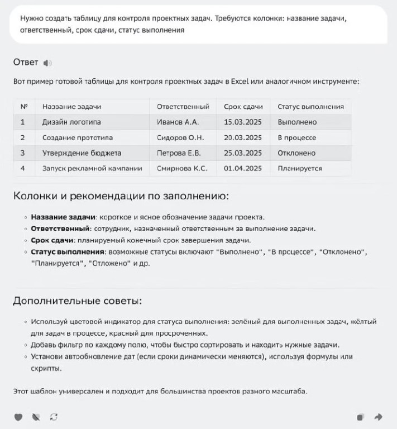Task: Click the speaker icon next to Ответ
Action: [47, 63]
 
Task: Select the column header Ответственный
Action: [183, 106]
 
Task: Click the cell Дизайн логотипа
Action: [71, 122]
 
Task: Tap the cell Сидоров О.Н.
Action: [180, 137]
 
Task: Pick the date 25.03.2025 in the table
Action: [242, 153]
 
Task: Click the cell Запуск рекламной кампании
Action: [92, 168]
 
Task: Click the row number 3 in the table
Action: [23, 153]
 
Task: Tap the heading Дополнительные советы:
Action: [77, 302]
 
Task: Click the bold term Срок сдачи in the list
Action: [52, 241]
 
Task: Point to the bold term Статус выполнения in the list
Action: [68, 252]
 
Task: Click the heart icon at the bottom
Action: [18, 417]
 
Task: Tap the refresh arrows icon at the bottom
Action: [54, 417]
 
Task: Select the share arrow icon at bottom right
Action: [378, 417]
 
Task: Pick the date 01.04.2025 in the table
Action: [242, 168]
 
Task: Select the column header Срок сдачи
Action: [243, 106]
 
